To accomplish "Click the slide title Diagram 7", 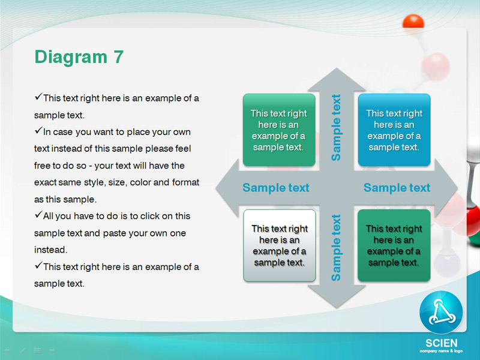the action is [79, 58].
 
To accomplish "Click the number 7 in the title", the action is [118, 57].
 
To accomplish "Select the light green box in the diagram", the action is [279, 130].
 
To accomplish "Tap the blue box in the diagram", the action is [394, 130].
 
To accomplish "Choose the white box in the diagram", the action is [280, 245].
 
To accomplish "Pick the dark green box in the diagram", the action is [394, 245].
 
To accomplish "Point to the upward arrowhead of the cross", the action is [337, 80].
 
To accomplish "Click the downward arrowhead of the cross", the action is [337, 296].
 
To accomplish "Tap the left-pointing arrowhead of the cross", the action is [227, 188].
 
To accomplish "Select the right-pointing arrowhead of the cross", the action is [446, 188].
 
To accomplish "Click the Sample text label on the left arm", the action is [276, 188].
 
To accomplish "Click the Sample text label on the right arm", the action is [397, 188].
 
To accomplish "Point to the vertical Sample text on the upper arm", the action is [336, 127].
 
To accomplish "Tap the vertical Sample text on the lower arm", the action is [336, 248].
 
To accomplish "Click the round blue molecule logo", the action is [441, 312].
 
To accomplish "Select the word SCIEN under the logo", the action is [442, 343].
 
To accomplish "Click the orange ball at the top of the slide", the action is [413, 22].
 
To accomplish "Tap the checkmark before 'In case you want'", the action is [38, 131].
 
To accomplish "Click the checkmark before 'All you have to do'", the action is [38, 215].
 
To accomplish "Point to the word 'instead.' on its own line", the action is [50, 250].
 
